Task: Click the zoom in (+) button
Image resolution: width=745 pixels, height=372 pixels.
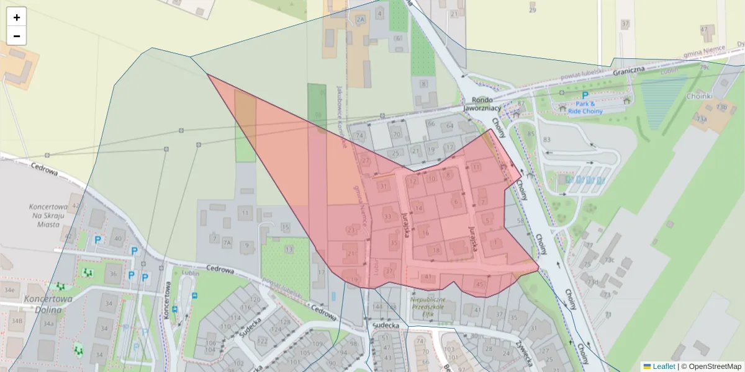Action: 17,17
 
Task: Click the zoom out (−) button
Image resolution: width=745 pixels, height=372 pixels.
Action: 17,36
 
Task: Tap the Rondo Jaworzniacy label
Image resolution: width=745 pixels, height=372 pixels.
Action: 482,104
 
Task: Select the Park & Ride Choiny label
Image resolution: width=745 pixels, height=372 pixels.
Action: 584,107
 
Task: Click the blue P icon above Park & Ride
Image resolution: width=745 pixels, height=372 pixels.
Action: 584,95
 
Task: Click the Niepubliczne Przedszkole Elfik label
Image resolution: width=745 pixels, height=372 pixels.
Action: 429,306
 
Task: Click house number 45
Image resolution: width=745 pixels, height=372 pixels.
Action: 479,284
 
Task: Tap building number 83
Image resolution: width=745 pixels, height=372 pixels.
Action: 546,140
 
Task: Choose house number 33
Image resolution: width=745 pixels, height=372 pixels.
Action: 388,216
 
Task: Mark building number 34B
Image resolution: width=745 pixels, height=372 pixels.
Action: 17,321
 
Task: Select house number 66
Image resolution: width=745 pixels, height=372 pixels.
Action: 431,123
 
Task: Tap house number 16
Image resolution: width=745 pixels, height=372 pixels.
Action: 425,233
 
